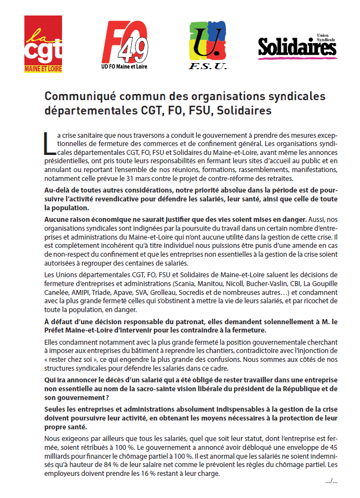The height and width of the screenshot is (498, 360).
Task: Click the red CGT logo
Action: click(x=43, y=44)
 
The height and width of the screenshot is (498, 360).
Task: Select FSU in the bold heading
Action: click(x=196, y=110)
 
